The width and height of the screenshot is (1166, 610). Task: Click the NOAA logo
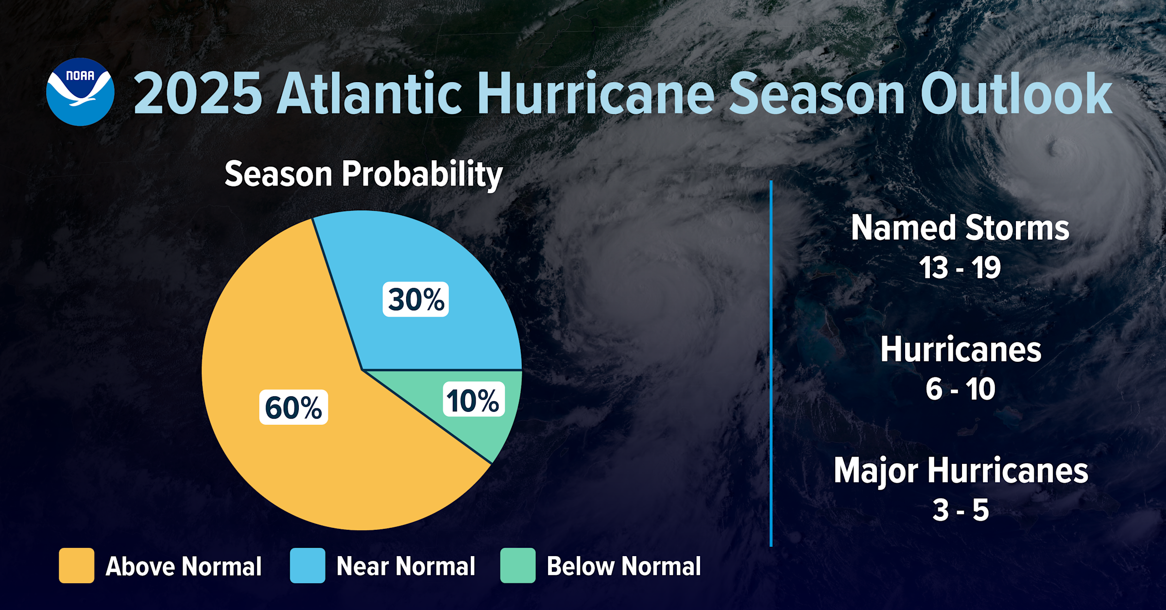click(x=80, y=92)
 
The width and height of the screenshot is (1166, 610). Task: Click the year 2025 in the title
click(x=198, y=94)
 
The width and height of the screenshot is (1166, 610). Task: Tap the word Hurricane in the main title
click(x=596, y=94)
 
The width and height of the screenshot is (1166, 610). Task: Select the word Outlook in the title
click(x=1016, y=94)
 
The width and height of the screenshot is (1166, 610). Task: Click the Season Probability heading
click(x=363, y=174)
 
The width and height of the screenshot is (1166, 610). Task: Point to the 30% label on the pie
click(x=416, y=299)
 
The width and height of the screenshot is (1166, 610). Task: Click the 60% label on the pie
click(x=293, y=407)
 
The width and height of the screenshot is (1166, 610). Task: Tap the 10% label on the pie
click(x=473, y=400)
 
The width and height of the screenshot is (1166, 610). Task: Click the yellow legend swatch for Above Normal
click(x=76, y=565)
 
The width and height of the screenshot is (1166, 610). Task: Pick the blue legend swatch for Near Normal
click(x=308, y=565)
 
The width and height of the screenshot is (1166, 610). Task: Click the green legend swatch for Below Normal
click(x=518, y=565)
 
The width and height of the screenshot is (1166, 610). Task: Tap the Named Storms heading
click(x=960, y=228)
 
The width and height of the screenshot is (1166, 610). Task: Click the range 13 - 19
click(x=960, y=268)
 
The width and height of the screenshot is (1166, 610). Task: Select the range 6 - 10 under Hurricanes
click(x=960, y=389)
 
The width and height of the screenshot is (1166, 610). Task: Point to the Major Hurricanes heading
click(x=960, y=471)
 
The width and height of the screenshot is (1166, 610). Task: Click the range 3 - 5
click(x=960, y=510)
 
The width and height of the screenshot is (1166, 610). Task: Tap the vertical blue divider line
click(x=771, y=364)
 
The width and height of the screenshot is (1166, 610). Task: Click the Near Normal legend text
click(x=406, y=566)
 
